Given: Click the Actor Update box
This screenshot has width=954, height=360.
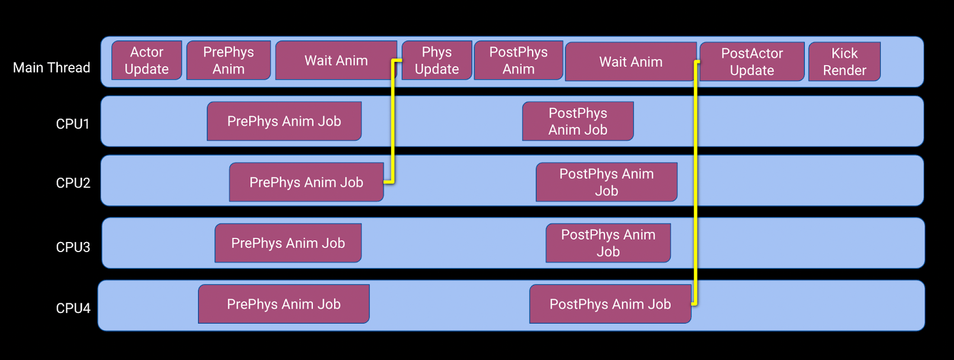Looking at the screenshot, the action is pos(147,60).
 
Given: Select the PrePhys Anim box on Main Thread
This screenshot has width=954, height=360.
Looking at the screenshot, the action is pos(228,60).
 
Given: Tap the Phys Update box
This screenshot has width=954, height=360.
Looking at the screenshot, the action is pos(437,60).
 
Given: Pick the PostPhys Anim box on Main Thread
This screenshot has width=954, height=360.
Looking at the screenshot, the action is pos(518,60).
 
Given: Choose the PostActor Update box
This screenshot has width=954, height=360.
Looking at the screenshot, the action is pos(752,62).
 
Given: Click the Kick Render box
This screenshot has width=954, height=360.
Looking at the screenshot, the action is pos(844,62).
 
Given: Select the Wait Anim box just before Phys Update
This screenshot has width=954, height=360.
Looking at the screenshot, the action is pos(336,60).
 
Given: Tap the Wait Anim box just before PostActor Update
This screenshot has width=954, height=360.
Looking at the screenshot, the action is pos(631,62).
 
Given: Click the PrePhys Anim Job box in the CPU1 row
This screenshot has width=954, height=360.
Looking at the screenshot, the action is pos(284,121).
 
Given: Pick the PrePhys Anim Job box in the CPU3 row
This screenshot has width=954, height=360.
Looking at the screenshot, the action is pos(288,243).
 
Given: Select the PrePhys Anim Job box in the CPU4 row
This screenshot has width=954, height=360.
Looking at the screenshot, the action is pos(284,304).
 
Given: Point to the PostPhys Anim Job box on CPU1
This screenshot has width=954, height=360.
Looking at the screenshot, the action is pos(578,121).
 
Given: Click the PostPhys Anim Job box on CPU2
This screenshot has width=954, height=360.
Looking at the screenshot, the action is pos(606,182).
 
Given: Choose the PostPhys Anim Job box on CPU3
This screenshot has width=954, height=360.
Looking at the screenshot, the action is pos(608,243).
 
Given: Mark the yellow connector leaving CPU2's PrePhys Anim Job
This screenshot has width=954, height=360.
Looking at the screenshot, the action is pos(393,121).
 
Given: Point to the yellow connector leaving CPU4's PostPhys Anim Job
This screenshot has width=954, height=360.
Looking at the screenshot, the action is pos(696,183).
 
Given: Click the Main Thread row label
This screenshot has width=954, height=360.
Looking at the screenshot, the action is pos(51,68).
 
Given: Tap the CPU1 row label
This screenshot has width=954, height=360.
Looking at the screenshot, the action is pos(73,124).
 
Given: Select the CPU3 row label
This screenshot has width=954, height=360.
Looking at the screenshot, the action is pos(73,247).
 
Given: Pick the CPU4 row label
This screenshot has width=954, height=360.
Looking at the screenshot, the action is pos(73,308).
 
